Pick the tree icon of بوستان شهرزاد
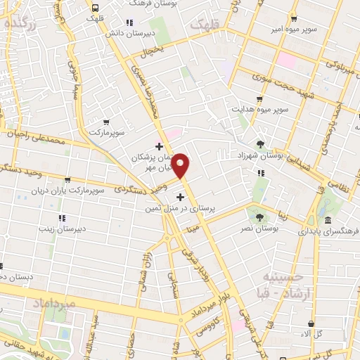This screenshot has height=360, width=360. point(261,144)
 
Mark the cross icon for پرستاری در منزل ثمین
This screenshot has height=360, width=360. point(180,198)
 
